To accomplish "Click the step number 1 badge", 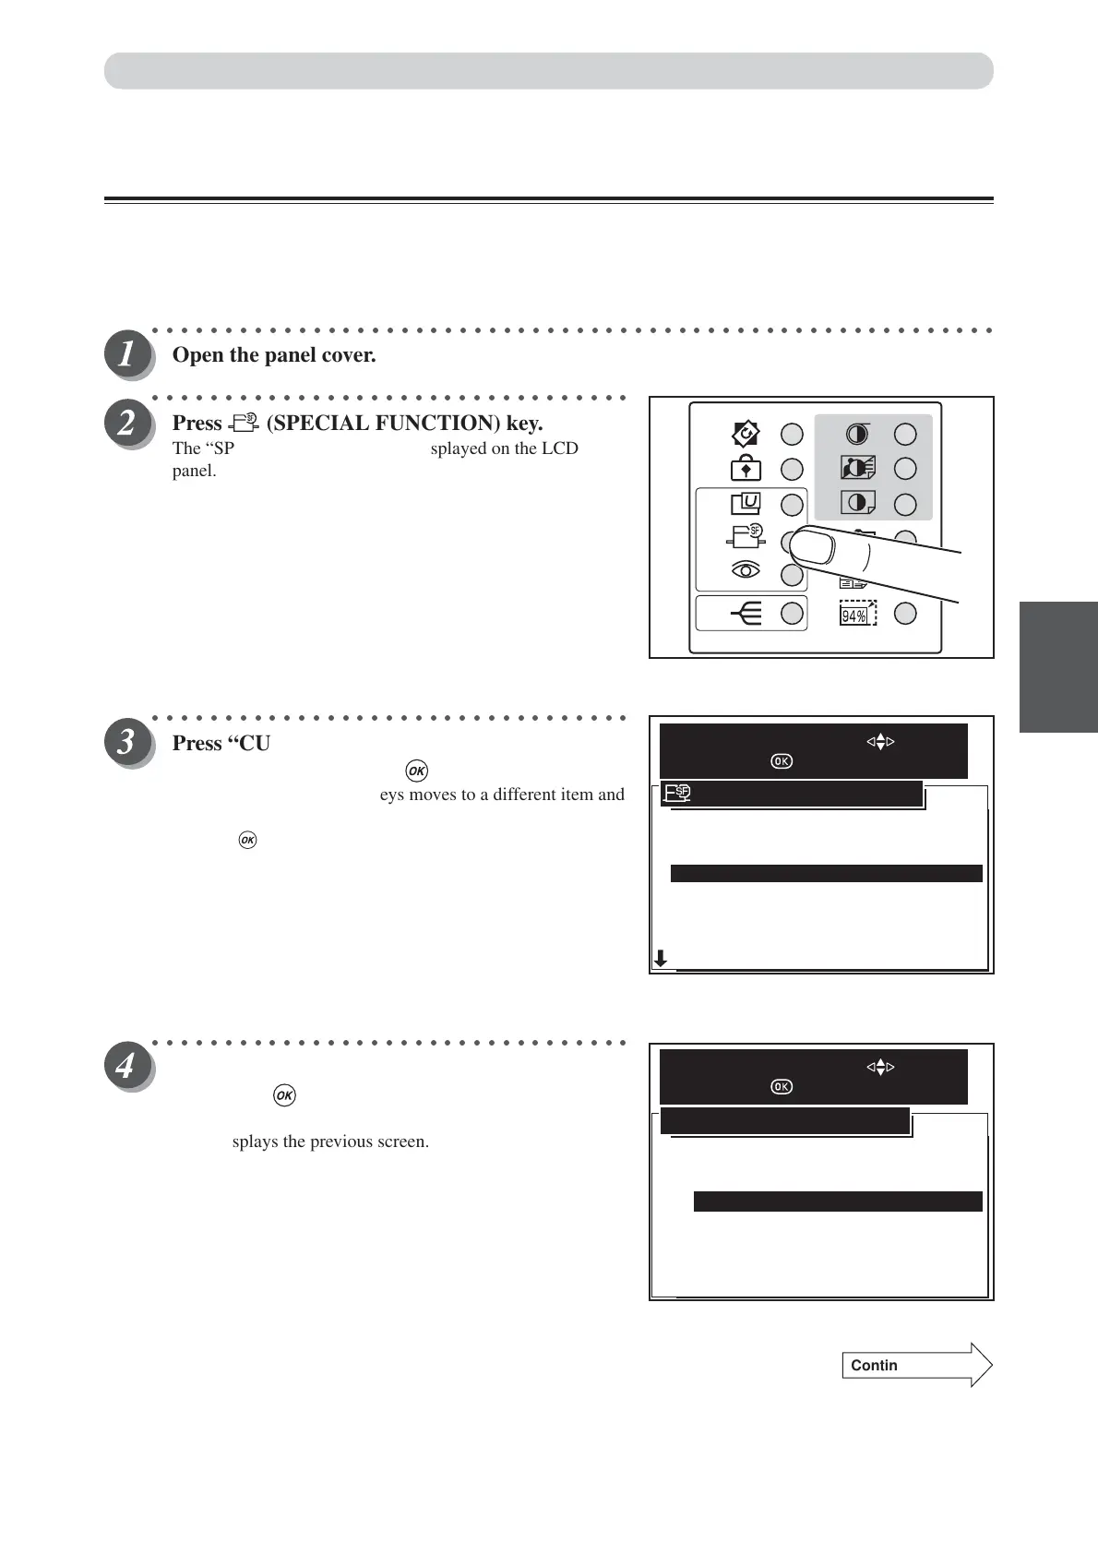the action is tap(126, 355).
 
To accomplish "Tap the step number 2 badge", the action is tap(126, 423).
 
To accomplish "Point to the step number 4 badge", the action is tap(126, 1068).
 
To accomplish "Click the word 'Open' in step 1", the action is tap(197, 355).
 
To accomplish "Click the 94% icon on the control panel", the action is tap(857, 614).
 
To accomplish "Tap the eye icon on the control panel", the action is tap(746, 571).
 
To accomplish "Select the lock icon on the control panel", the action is tap(746, 469).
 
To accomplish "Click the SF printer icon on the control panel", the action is tap(746, 536).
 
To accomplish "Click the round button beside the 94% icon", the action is tap(905, 613).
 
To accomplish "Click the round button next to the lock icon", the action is tap(792, 469).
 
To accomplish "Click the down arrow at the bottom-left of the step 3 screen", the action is tap(661, 959).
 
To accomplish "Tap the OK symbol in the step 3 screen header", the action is tap(781, 761).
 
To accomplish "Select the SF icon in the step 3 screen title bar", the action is tap(678, 793).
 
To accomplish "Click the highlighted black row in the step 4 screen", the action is tap(837, 1201).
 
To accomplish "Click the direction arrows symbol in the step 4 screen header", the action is tap(880, 1068).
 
